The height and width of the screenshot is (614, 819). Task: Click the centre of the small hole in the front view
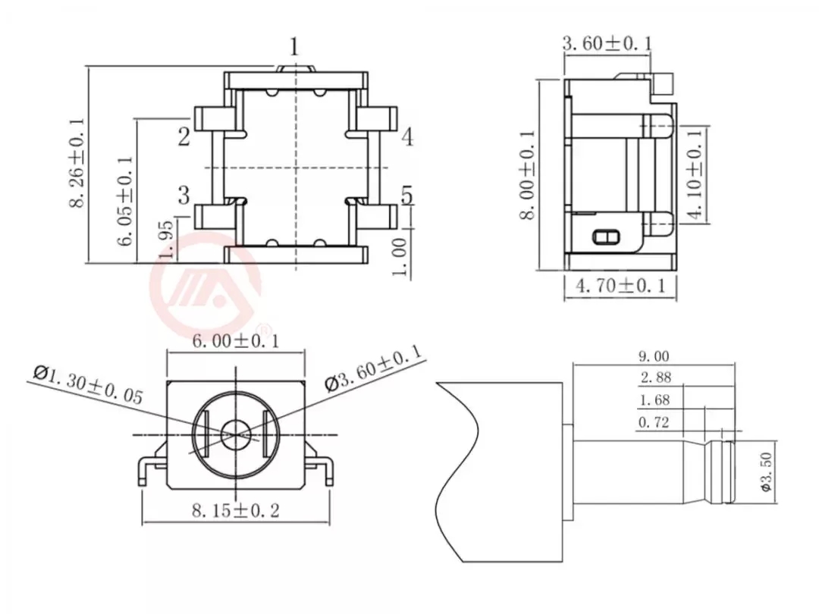[x=236, y=435]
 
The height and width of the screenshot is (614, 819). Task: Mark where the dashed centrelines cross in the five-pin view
[x=297, y=168]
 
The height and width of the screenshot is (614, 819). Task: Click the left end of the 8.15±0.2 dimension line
[x=143, y=522]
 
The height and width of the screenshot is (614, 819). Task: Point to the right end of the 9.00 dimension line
[x=735, y=365]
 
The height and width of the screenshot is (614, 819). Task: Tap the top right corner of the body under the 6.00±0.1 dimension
[x=305, y=381]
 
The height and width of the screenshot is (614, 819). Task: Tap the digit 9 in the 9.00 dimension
[x=643, y=356]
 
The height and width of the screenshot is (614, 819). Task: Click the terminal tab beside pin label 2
[x=214, y=119]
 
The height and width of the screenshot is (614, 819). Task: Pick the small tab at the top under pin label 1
[x=297, y=69]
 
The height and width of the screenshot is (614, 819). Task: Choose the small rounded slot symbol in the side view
[x=605, y=237]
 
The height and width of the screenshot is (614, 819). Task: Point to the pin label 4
[x=407, y=136]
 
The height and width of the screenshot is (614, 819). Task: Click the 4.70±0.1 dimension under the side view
[x=620, y=286]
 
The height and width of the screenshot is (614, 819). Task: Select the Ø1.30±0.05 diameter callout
[x=88, y=385]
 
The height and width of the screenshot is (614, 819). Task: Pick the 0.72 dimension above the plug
[x=654, y=422]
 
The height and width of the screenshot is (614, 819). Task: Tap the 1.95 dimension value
[x=165, y=239]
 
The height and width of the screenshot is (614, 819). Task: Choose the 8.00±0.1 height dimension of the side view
[x=528, y=175]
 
